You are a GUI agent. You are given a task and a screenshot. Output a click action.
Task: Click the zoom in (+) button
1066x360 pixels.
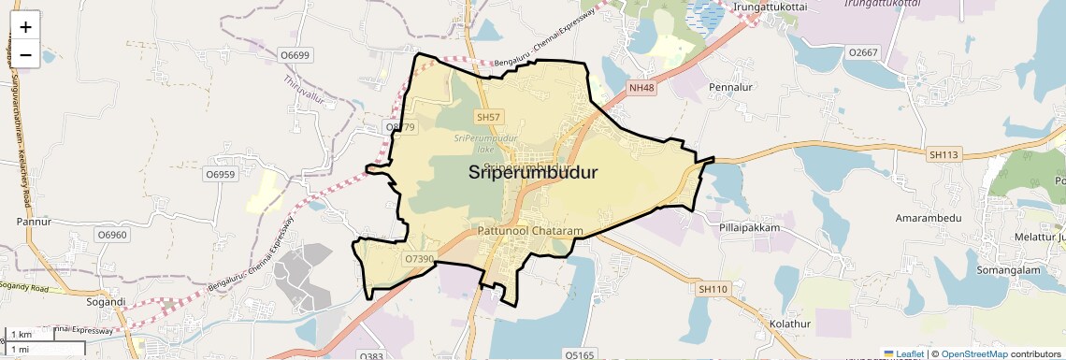click(25, 27)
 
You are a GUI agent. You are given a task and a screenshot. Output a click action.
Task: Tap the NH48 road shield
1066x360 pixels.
click(641, 88)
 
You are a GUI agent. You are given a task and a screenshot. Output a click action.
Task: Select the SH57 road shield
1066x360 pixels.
click(489, 117)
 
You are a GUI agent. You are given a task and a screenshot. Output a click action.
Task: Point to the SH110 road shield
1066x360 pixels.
click(712, 290)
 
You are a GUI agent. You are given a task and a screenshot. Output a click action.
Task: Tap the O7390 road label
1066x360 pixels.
click(418, 258)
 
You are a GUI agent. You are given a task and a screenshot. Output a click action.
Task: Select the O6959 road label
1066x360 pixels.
click(220, 174)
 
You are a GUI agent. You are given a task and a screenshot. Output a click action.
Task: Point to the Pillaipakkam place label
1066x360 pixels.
click(748, 227)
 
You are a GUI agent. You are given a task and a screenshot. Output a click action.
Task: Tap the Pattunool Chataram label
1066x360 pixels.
click(529, 230)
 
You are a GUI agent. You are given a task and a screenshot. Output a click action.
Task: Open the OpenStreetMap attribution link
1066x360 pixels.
click(973, 353)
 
